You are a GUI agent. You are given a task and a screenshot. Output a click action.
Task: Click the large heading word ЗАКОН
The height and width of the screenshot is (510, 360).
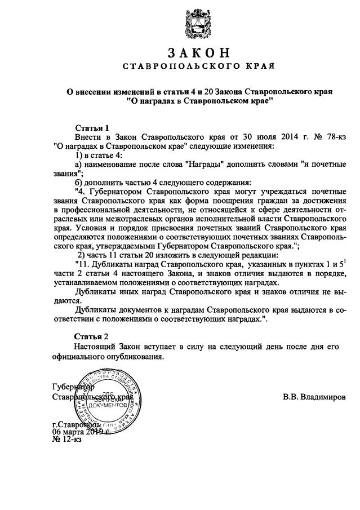tap(199, 53)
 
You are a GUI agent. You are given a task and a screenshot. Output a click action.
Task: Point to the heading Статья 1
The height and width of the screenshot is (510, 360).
tap(91, 128)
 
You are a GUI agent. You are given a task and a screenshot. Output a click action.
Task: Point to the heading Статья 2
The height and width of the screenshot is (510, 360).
tap(91, 336)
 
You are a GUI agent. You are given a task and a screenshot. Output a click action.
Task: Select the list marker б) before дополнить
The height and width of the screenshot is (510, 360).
tap(79, 182)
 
